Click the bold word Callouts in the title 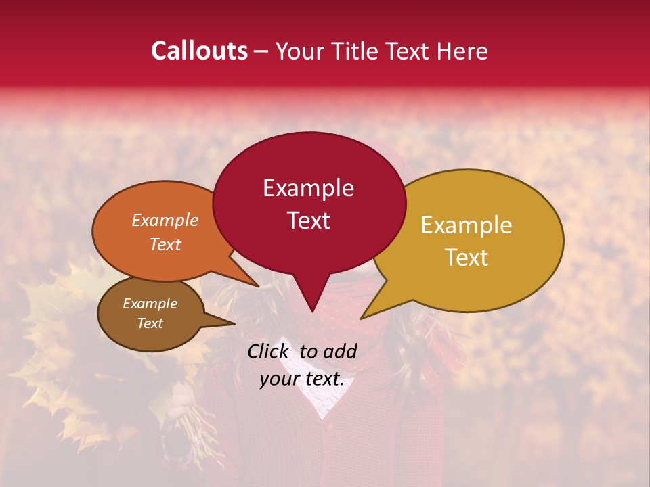199,51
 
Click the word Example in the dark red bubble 308,188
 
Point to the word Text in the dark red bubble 308,221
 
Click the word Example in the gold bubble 467,225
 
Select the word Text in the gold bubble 467,258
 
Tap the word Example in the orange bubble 165,220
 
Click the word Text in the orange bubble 165,244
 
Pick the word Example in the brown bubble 150,304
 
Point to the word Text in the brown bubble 150,323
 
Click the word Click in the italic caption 269,351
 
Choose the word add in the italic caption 340,351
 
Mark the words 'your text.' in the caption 302,379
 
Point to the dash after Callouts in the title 262,51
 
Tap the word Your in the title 299,51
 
